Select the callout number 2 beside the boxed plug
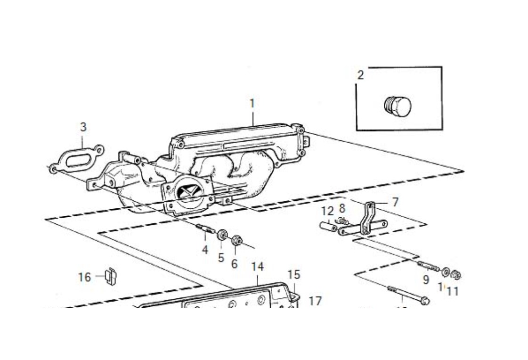click(361, 75)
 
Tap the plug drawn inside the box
click(397, 106)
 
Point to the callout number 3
click(83, 127)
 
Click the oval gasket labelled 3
click(78, 159)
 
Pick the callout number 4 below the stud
click(205, 249)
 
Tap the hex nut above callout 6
click(237, 241)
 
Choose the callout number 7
click(395, 202)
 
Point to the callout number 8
click(342, 208)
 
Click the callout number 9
click(426, 280)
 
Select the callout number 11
click(452, 292)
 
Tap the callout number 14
click(257, 266)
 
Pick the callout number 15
click(293, 274)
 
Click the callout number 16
click(84, 277)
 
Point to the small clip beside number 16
click(111, 276)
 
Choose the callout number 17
click(315, 300)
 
